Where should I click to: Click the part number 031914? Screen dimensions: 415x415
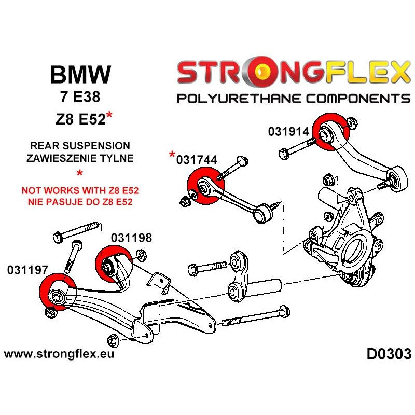pos(288,132)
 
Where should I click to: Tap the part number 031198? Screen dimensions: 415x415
pos(131,239)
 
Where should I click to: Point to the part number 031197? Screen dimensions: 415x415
pos(28,270)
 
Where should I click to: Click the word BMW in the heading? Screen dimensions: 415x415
pos(80,75)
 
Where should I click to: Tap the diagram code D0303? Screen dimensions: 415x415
pos(389,355)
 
